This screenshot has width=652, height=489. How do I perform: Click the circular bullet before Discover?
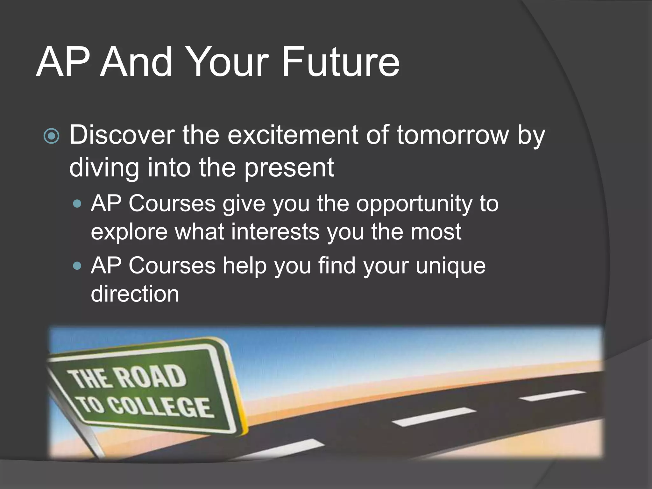point(51,137)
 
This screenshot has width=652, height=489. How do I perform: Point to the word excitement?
point(293,135)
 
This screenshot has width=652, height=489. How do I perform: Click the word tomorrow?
point(453,135)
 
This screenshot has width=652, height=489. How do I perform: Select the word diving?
point(104,168)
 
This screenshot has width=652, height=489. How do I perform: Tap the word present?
point(289,168)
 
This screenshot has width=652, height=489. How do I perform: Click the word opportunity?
point(414,204)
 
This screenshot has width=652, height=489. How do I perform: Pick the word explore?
point(129,232)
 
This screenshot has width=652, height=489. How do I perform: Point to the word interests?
point(275,232)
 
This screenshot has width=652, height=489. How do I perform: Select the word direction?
point(135,294)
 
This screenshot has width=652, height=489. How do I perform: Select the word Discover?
point(122,135)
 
